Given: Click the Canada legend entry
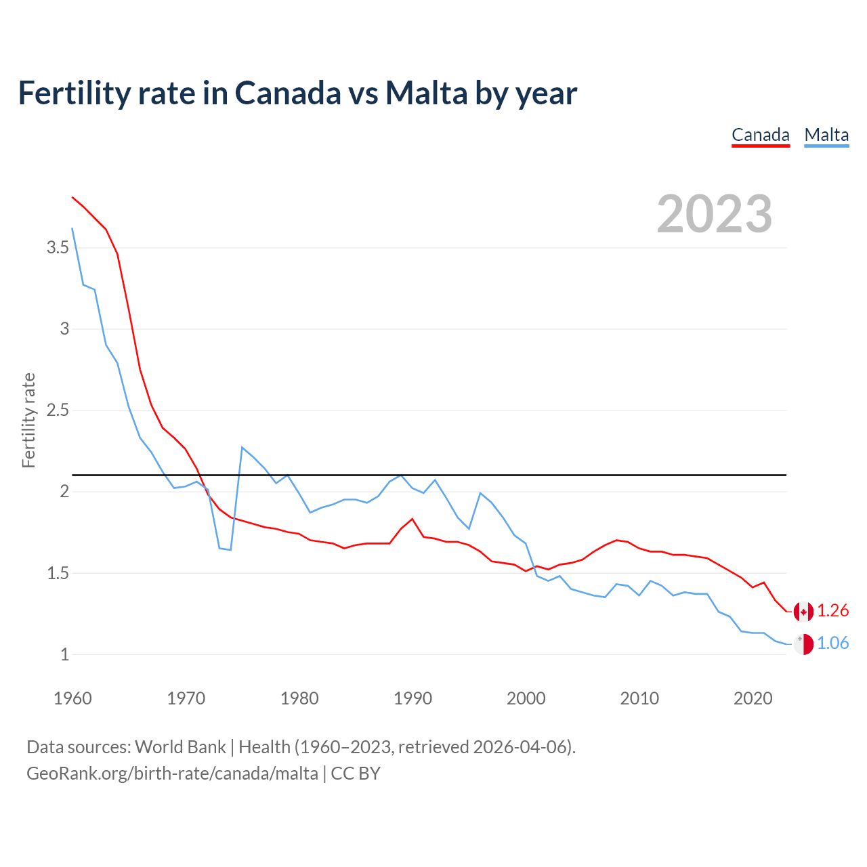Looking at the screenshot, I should pos(761,135).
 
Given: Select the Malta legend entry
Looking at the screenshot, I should pos(826,135).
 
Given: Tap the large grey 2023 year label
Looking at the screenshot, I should pos(715,214).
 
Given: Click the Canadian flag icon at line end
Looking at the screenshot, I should pos(803,612).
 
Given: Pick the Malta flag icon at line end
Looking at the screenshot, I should pos(803,644).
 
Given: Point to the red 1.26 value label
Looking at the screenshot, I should pos(832,611).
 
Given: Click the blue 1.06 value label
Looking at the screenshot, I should pos(832,643).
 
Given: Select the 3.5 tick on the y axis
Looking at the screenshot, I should pos(58,248).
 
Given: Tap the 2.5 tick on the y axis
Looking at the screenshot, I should pos(58,410).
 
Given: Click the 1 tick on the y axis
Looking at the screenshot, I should pos(65,655).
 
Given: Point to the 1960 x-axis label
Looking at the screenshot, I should pos(72,698).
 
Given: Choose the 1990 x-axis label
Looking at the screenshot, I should pos(413,698).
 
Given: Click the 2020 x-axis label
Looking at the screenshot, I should pos(753,698).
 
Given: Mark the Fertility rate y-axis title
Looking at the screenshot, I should pos(28,420).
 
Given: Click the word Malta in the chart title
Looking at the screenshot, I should pos(426,93).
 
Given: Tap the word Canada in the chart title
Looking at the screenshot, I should pos(288,93).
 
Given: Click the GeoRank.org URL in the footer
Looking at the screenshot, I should pos(172,774).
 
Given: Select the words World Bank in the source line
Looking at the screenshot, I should pos(180,747).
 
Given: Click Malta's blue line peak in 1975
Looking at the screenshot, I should pos(242,447).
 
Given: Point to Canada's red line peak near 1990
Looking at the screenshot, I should pos(412,519).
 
